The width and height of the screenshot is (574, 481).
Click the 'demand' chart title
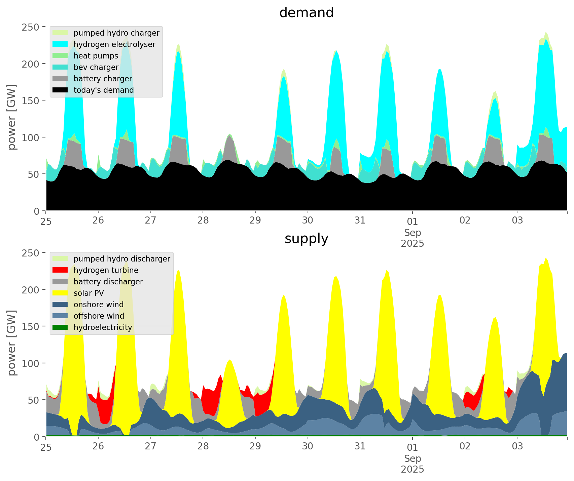(x=306, y=13)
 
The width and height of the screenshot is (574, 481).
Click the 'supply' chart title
(x=306, y=239)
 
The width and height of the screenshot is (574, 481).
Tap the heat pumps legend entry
(x=96, y=56)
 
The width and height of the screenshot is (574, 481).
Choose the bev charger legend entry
(x=96, y=67)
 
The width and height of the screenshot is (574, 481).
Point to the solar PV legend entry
(x=89, y=293)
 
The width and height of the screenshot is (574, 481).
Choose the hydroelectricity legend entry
(x=103, y=327)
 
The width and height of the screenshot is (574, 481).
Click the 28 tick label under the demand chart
(x=203, y=221)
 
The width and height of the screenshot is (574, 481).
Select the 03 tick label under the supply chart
(x=517, y=446)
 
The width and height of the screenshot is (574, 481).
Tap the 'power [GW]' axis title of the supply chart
(x=12, y=343)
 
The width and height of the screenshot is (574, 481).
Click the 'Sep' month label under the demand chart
(x=412, y=233)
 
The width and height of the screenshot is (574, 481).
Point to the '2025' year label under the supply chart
(x=412, y=469)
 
